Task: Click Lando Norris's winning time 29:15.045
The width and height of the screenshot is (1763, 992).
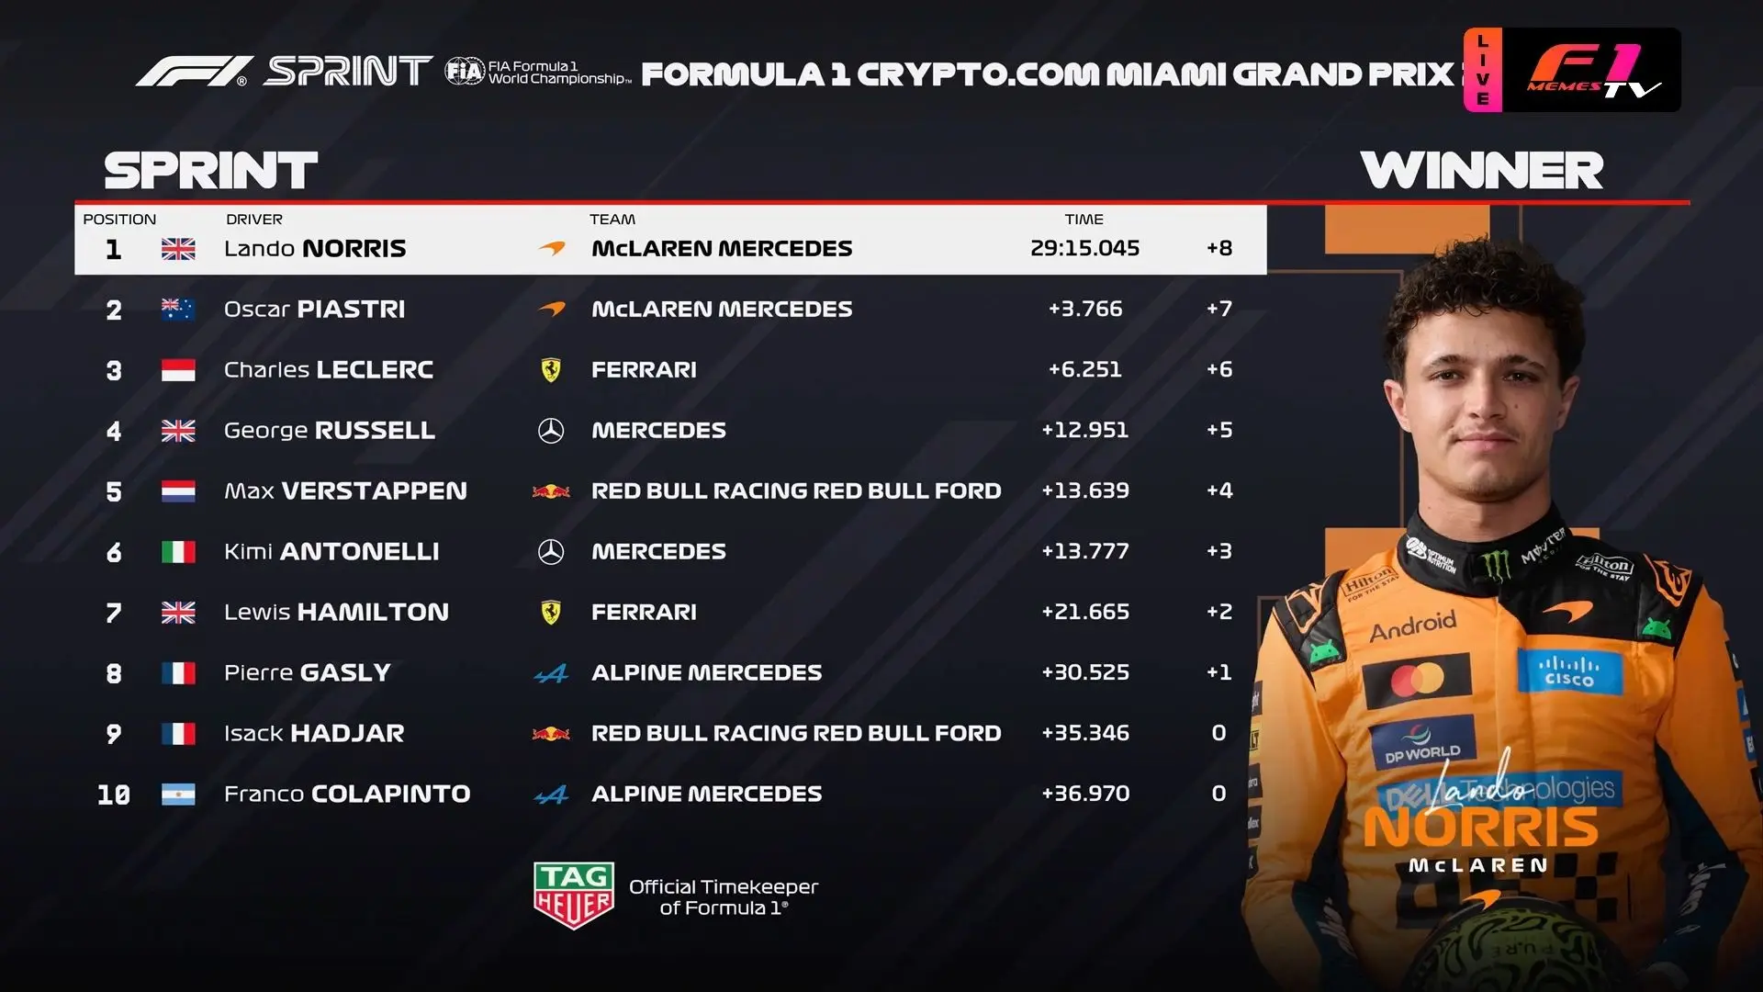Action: point(1084,248)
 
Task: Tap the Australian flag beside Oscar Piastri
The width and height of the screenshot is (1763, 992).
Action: point(178,310)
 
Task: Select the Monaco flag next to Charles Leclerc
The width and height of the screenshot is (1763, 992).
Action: point(178,370)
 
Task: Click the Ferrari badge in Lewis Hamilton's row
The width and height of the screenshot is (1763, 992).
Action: point(551,612)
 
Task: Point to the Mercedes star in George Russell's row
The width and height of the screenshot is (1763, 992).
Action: point(551,431)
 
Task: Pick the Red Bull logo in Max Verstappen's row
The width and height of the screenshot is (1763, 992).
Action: point(551,491)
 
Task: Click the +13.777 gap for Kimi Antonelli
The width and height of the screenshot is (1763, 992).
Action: point(1084,551)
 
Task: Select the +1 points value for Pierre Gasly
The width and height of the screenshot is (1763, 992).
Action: point(1219,672)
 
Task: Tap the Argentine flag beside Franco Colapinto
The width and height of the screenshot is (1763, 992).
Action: point(178,795)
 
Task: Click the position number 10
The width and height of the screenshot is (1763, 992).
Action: point(114,795)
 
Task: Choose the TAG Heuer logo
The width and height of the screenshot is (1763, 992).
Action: point(574,895)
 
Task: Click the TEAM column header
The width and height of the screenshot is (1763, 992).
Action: point(612,220)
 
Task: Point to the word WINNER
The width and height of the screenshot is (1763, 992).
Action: point(1482,171)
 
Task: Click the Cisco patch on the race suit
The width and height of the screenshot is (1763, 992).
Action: point(1569,671)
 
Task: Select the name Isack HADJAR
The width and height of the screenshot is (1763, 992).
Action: point(314,733)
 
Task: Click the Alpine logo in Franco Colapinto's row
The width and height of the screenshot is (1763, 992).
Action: point(551,795)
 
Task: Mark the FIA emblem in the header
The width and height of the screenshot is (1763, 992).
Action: point(465,71)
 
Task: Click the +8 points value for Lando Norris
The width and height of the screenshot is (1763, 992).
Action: point(1219,248)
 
